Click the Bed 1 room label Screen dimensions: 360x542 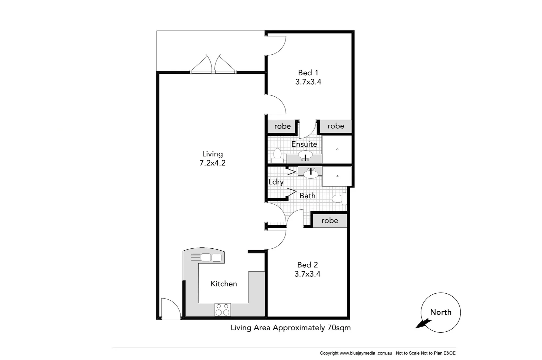308,73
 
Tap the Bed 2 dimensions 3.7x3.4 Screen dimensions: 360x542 307,274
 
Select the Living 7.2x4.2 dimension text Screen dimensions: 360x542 212,163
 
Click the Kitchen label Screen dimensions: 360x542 224,284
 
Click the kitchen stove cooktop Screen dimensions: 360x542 223,310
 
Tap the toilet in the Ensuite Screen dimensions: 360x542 277,155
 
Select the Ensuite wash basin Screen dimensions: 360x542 305,155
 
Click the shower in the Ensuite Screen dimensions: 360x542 337,149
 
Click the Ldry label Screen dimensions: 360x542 276,182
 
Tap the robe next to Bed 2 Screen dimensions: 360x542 329,221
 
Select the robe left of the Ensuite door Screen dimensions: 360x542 282,126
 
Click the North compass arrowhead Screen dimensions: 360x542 421,323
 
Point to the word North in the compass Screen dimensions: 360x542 440,312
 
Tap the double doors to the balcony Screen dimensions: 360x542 213,64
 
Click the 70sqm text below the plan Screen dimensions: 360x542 339,328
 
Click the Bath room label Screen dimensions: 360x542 307,196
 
